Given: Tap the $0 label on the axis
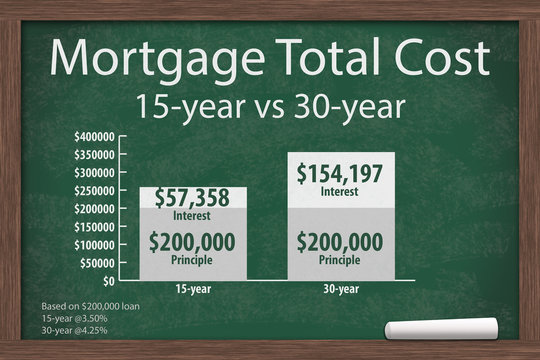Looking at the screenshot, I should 105,280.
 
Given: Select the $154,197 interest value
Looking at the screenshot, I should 339,174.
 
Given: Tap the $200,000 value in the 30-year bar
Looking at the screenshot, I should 339,243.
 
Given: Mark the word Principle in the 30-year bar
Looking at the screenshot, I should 339,260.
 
